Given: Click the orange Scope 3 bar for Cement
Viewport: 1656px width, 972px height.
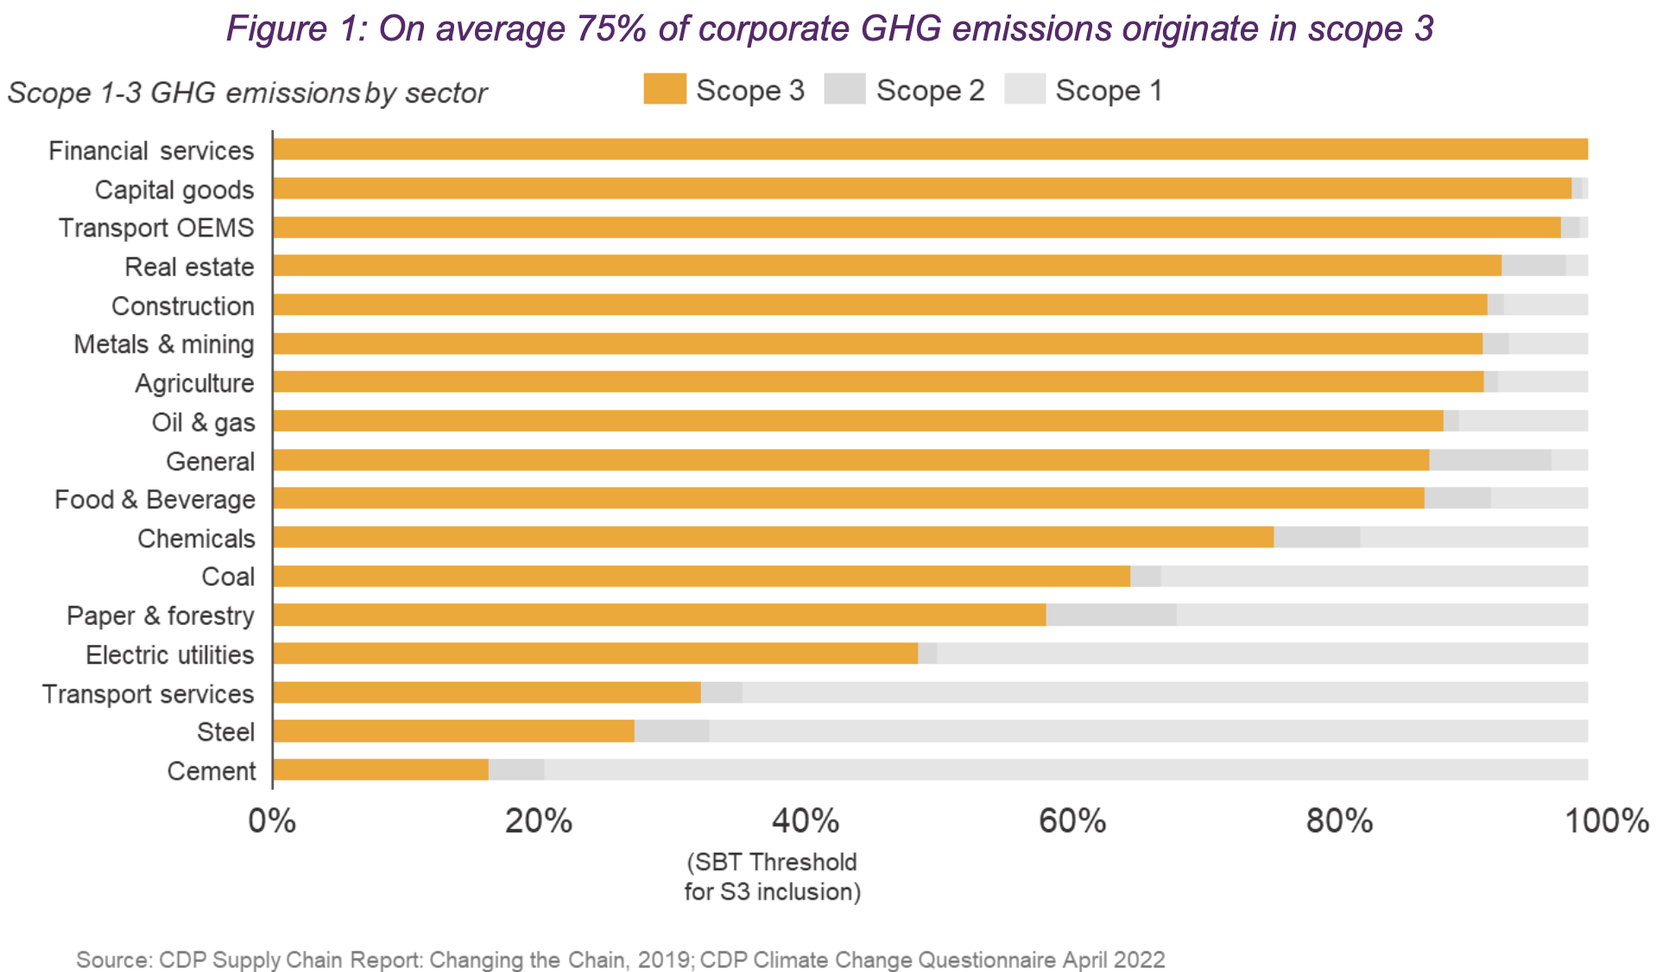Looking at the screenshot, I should pyautogui.click(x=381, y=770).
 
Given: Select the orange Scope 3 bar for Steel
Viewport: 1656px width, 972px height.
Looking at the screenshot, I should pyautogui.click(x=453, y=731).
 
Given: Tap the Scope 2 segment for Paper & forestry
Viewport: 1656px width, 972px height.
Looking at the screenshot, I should pyautogui.click(x=1110, y=615).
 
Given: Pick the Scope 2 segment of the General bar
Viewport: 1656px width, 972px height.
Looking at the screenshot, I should pyautogui.click(x=1489, y=460).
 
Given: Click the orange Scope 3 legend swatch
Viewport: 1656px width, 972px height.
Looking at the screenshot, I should pyautogui.click(x=664, y=89).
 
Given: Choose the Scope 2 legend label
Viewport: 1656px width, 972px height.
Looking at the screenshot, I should pyautogui.click(x=930, y=91).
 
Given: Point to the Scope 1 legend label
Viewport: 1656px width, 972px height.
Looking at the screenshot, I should pyautogui.click(x=1109, y=91).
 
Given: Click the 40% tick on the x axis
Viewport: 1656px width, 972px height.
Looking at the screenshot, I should pyautogui.click(x=805, y=821).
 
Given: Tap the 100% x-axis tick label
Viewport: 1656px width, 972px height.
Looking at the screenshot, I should pyautogui.click(x=1606, y=821).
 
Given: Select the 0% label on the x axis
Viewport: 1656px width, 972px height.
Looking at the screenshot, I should pyautogui.click(x=272, y=821).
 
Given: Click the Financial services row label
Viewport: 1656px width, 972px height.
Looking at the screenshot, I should pyautogui.click(x=151, y=151).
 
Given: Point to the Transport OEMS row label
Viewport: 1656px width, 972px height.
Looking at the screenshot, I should pyautogui.click(x=156, y=228).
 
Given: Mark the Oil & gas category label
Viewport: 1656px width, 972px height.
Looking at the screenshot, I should pyautogui.click(x=203, y=422).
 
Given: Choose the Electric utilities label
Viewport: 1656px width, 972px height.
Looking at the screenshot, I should pyautogui.click(x=169, y=655).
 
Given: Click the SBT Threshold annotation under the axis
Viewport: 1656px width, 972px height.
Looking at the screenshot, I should pyautogui.click(x=772, y=876).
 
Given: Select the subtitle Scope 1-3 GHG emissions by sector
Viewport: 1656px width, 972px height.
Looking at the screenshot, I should pyautogui.click(x=247, y=93).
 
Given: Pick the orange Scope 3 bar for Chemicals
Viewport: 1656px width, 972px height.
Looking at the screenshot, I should pyautogui.click(x=773, y=537).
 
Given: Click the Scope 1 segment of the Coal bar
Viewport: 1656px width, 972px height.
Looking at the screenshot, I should pyautogui.click(x=1373, y=576).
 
